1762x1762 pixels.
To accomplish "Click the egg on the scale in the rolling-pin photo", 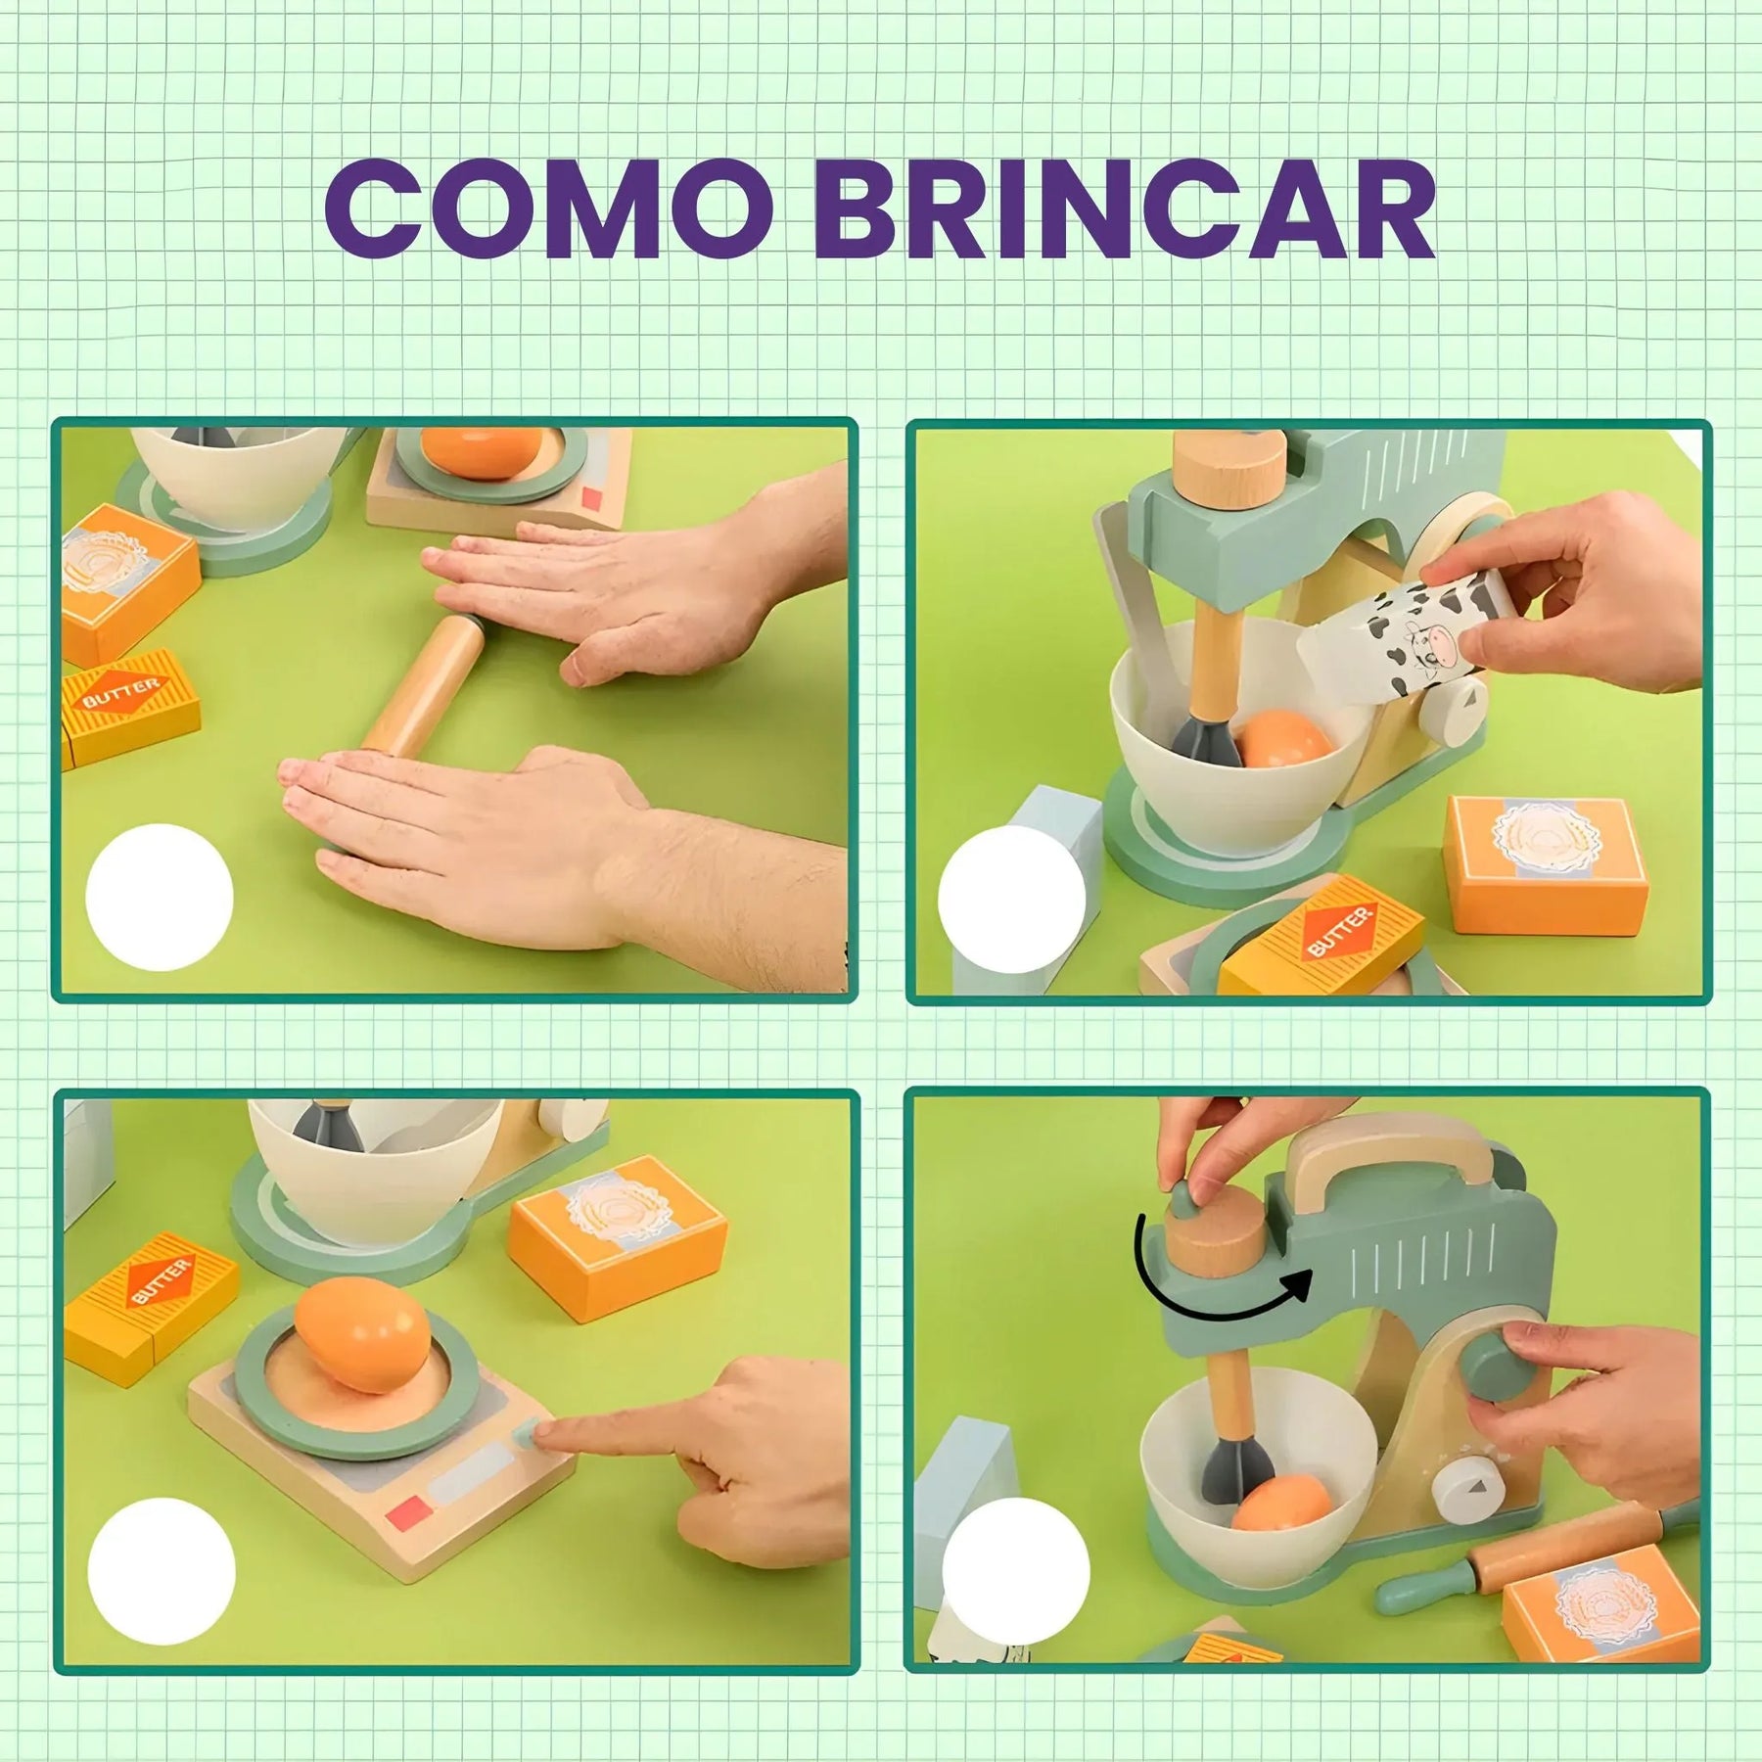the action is (481, 447).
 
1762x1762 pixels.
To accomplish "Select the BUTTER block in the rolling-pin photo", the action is (130, 705).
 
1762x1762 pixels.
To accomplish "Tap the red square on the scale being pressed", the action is (409, 1513).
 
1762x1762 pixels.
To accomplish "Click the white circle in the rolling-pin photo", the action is (160, 897).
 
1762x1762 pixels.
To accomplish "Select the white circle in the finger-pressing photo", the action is (162, 1573).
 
